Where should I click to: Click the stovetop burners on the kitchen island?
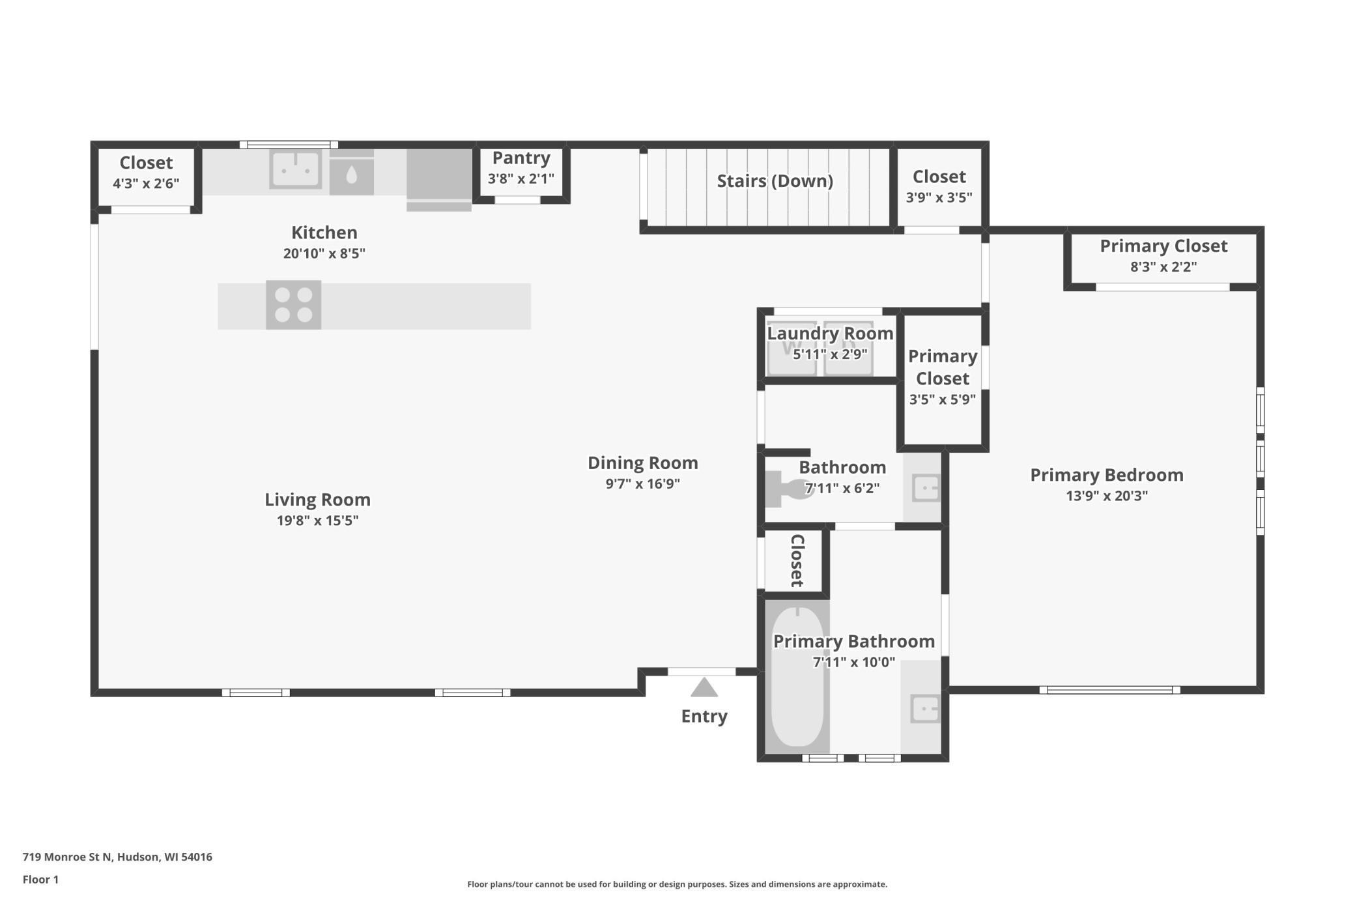click(293, 305)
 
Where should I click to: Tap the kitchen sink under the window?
click(296, 169)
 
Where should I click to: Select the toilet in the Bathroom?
click(789, 489)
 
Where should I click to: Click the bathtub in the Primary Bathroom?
click(797, 676)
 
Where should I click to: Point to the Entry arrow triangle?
click(704, 687)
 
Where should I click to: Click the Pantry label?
click(521, 158)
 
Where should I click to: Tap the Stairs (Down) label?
click(775, 180)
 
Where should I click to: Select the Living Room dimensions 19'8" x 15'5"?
click(318, 520)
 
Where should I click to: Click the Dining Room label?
click(643, 463)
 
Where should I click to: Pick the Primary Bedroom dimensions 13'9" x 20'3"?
click(1107, 495)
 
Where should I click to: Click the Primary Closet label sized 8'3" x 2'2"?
click(1163, 246)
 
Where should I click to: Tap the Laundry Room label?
click(830, 333)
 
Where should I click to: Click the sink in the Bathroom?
click(926, 488)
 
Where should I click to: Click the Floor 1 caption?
click(40, 880)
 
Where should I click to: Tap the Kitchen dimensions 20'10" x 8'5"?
click(324, 253)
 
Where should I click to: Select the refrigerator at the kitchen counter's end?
click(439, 180)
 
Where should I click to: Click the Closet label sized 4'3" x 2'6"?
click(146, 162)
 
